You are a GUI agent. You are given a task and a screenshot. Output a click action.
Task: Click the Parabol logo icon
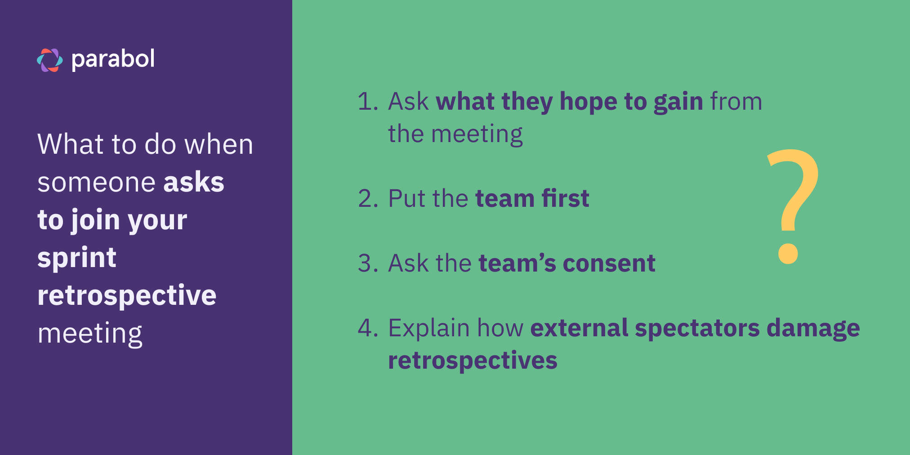(x=50, y=60)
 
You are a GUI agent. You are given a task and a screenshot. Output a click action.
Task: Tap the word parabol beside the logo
(x=113, y=59)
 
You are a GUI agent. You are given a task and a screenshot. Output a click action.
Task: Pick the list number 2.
(x=368, y=198)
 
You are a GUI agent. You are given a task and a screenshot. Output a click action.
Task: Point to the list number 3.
(x=368, y=263)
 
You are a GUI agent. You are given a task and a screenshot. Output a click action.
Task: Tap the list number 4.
(x=368, y=328)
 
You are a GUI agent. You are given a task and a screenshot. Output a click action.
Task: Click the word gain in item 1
(x=678, y=102)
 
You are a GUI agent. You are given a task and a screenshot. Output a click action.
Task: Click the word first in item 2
(x=565, y=198)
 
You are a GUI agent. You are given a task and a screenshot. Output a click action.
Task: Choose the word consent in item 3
(x=609, y=263)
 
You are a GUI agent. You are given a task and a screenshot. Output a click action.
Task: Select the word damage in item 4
(x=813, y=329)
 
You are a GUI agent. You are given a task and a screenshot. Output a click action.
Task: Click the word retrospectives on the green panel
(x=473, y=361)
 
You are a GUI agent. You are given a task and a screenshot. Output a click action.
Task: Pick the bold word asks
(x=194, y=182)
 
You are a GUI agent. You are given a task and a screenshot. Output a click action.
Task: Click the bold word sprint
(x=77, y=259)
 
